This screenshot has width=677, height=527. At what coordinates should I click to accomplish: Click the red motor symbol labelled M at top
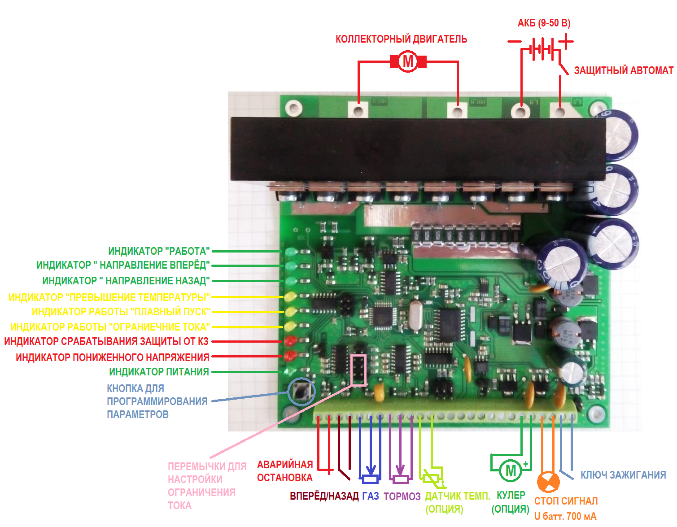(408, 61)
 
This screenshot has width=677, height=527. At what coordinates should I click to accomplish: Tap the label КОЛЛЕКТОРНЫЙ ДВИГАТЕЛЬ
(401, 39)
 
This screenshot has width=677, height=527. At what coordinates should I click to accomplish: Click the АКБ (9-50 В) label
(544, 23)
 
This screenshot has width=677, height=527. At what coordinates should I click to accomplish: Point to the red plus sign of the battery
(566, 42)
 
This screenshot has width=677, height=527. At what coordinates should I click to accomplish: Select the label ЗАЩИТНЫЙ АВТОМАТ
(624, 71)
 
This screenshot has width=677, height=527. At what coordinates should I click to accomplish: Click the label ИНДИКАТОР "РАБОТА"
(159, 251)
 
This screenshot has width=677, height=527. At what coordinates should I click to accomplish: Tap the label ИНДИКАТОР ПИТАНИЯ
(159, 372)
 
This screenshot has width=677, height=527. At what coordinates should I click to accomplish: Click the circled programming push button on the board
(301, 391)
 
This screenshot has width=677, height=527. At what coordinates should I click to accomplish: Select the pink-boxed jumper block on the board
(358, 370)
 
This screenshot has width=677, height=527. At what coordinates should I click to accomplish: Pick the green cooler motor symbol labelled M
(511, 470)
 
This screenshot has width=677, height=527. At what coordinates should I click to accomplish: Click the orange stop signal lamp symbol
(548, 483)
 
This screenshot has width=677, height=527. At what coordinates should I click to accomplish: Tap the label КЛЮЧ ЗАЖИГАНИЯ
(623, 475)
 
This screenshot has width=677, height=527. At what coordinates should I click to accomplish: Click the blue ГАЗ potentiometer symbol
(370, 478)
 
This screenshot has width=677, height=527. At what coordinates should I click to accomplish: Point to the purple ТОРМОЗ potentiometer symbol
(401, 478)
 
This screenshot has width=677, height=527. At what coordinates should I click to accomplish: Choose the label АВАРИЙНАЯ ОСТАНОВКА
(285, 471)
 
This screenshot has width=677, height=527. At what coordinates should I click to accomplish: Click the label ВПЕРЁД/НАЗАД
(324, 496)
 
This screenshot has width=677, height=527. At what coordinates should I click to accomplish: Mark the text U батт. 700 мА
(565, 516)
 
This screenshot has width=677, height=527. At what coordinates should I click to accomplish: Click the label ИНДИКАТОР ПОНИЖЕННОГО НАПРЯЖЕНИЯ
(112, 357)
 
